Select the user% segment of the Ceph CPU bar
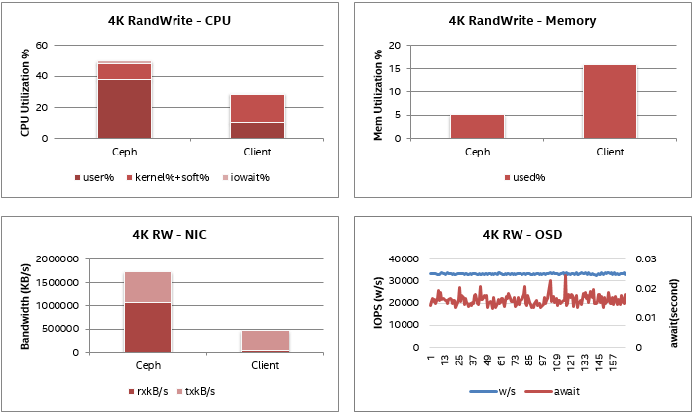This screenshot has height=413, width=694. click(124, 108)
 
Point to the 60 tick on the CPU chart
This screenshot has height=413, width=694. click(41, 45)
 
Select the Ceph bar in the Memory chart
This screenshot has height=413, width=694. click(477, 126)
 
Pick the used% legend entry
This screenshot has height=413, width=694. click(524, 178)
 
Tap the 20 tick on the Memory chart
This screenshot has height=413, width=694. click(394, 45)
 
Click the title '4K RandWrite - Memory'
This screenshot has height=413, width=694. click(522, 20)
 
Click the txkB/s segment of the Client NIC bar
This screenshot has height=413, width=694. click(264, 340)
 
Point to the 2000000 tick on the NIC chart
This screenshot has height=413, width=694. click(58, 259)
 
